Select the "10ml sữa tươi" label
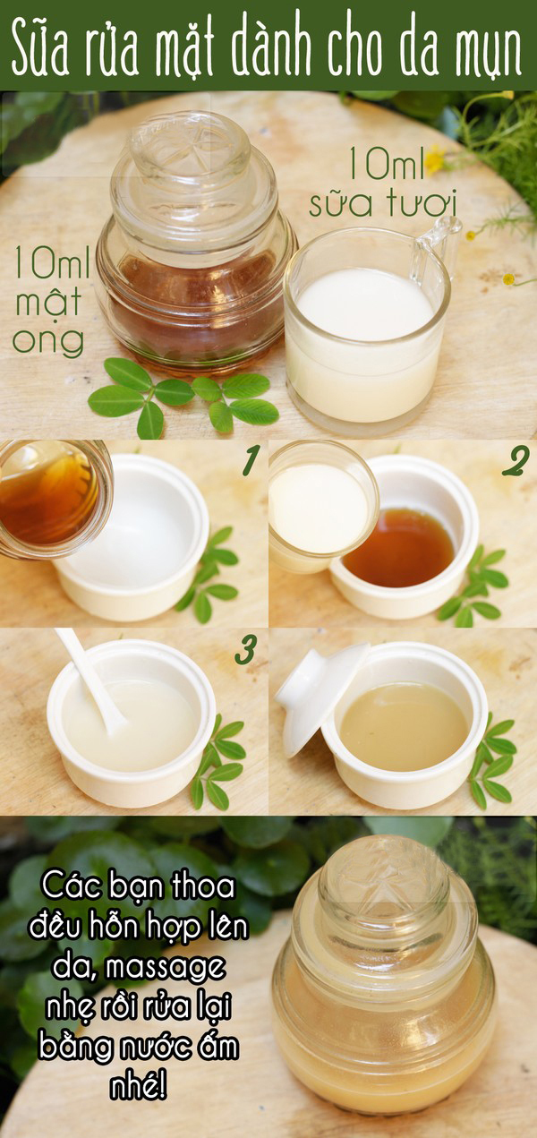pos(385,183)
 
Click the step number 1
pos(251,460)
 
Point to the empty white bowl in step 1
pos(131,538)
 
